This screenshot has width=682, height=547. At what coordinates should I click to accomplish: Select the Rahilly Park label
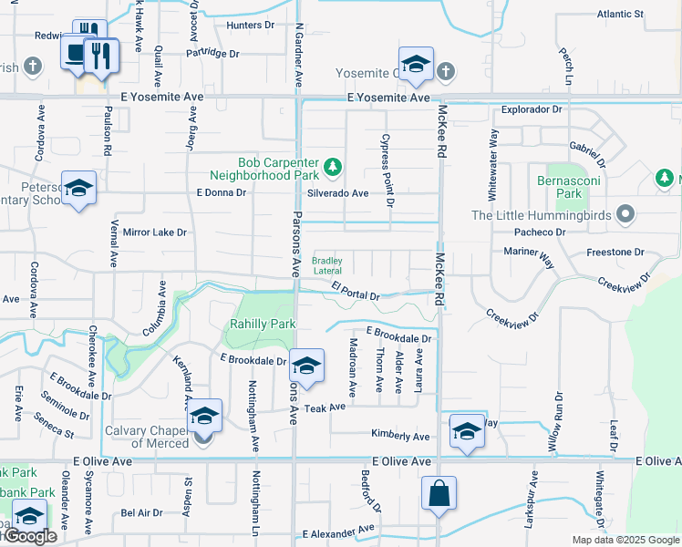(263, 324)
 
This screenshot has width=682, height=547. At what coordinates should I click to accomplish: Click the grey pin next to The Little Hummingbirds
(625, 215)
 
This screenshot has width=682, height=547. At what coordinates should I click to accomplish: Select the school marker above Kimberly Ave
(467, 430)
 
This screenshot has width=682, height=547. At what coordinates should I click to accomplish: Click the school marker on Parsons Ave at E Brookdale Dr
(307, 365)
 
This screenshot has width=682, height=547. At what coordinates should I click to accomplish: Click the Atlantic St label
(620, 15)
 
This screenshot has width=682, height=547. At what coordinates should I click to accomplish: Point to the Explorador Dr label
(532, 110)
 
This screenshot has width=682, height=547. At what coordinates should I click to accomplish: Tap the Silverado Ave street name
(337, 193)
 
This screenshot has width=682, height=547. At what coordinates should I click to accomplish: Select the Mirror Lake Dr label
(155, 232)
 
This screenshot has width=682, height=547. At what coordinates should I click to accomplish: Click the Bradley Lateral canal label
(327, 265)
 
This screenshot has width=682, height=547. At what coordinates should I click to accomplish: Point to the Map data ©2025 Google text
(625, 540)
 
